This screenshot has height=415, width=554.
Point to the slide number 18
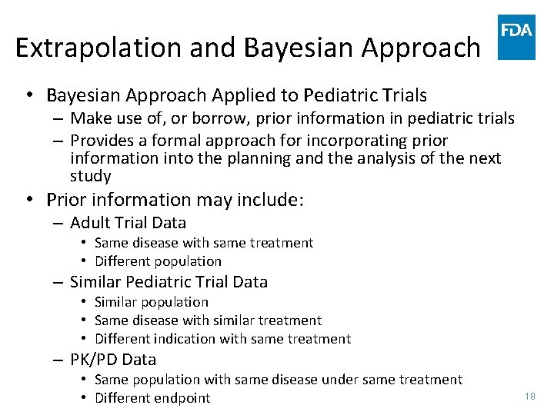tap(529, 396)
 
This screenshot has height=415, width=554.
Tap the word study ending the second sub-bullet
tap(90, 176)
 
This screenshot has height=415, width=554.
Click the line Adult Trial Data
tap(128, 223)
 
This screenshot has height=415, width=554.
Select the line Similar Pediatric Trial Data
tap(169, 282)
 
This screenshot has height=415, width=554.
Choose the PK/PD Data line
tap(112, 360)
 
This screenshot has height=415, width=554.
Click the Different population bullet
tap(158, 261)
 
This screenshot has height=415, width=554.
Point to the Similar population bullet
tap(151, 302)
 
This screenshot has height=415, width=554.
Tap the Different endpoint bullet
tap(152, 398)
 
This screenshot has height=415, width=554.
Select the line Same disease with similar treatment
tap(208, 320)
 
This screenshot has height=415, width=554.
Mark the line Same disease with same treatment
tap(203, 243)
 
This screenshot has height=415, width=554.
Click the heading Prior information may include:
tap(175, 201)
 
